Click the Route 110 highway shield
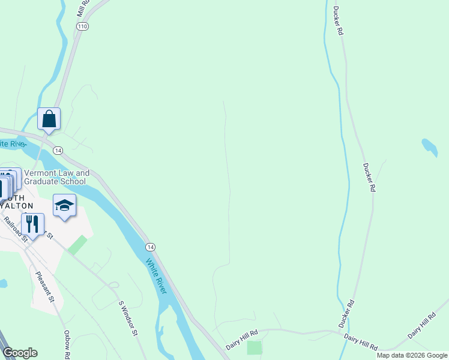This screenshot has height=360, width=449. (x=82, y=26)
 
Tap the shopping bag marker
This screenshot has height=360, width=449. (x=49, y=119)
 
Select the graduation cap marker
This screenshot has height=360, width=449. (x=64, y=206)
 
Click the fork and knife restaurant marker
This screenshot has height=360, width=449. (x=32, y=224)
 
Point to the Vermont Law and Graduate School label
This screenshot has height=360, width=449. (x=56, y=177)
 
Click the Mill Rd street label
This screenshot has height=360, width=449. (x=83, y=8)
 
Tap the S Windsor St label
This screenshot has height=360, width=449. (x=128, y=318)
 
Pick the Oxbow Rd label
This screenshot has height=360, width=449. (x=67, y=344)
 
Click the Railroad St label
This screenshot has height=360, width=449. (x=16, y=229)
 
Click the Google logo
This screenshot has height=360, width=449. (x=20, y=353)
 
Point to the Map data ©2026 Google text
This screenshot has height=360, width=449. (x=412, y=355)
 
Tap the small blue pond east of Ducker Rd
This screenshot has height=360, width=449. (x=430, y=146)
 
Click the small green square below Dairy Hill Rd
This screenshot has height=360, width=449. (x=255, y=347)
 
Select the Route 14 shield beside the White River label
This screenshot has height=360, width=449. (x=150, y=247)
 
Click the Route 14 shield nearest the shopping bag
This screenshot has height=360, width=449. (x=58, y=149)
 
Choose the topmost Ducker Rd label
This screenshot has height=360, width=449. (x=338, y=20)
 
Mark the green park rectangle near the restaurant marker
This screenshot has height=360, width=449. (x=77, y=245)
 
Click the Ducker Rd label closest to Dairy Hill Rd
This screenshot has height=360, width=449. (x=346, y=314)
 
